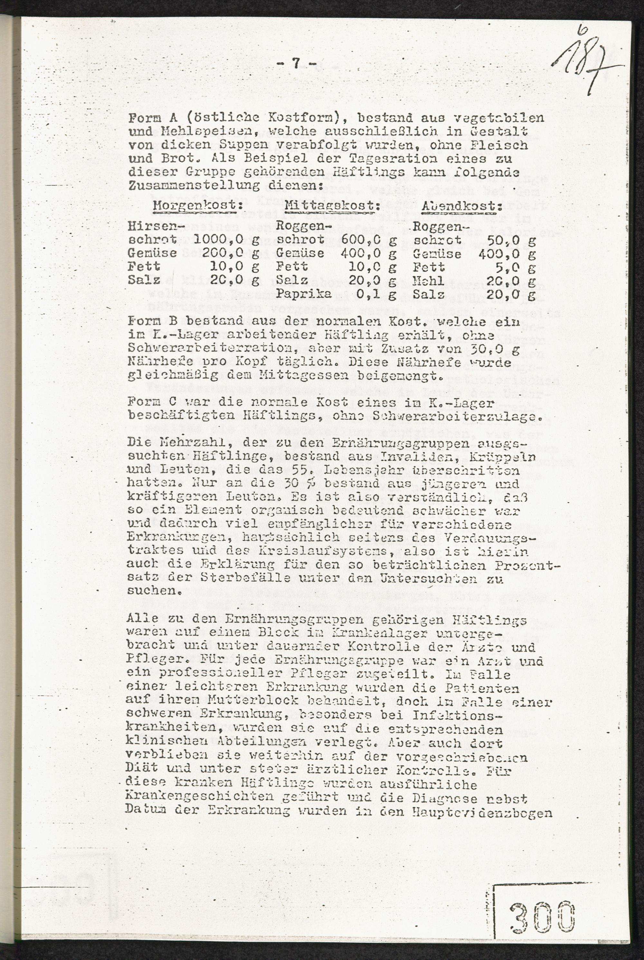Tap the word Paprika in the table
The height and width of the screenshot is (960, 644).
tap(304, 294)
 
